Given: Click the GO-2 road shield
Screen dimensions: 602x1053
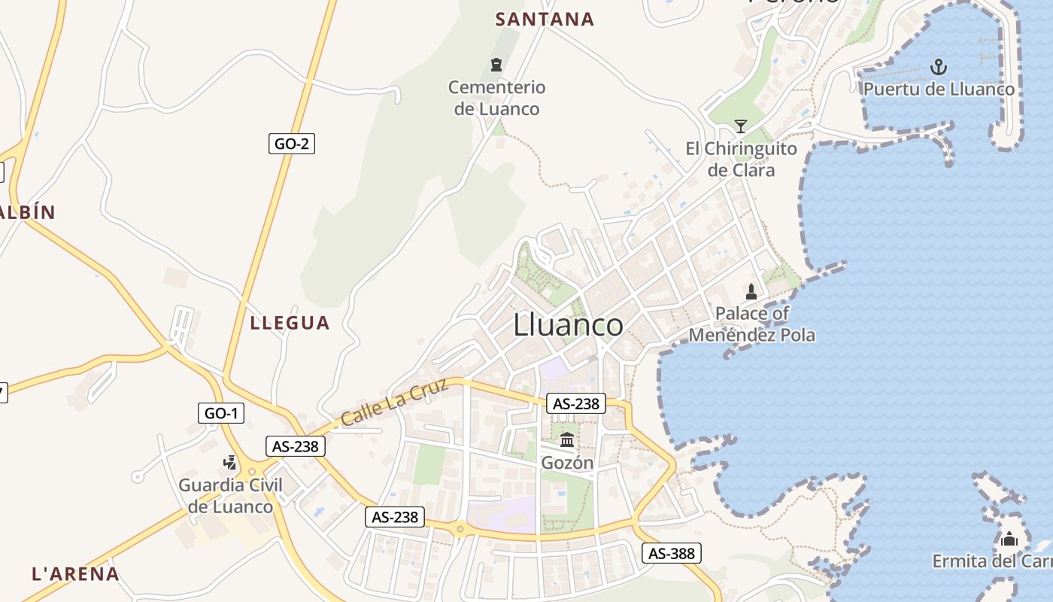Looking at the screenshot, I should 292,144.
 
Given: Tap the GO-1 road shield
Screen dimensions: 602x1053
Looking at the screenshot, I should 222,412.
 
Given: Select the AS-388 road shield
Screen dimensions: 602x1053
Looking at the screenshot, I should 672,554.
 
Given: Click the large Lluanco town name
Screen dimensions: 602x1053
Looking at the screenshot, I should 568,325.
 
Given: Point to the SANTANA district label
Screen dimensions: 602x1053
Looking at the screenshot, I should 545,20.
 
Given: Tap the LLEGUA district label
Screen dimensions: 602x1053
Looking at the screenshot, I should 290,324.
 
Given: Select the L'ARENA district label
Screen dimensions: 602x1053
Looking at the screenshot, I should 75,574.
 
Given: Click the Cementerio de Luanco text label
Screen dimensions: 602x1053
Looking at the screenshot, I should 496,98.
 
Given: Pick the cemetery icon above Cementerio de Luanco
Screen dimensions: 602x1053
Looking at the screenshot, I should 496,65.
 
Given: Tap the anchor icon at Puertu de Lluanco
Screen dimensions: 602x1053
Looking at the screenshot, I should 938,67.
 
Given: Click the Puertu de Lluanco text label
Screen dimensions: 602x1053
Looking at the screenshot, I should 939,90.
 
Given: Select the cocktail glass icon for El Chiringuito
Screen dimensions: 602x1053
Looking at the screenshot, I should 741,126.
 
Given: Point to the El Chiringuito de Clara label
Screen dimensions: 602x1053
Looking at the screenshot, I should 741,159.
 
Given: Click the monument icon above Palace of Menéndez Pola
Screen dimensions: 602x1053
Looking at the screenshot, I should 751,291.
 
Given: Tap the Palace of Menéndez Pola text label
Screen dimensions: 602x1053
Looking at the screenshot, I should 752,324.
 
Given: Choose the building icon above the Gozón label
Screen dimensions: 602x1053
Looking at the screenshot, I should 567,439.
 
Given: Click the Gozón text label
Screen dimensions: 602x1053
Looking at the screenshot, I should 567,463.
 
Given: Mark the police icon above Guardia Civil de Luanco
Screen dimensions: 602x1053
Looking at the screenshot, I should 230,462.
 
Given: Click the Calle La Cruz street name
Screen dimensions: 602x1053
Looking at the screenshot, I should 394,402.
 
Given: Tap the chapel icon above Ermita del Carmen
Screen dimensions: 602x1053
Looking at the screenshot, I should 1009,539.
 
